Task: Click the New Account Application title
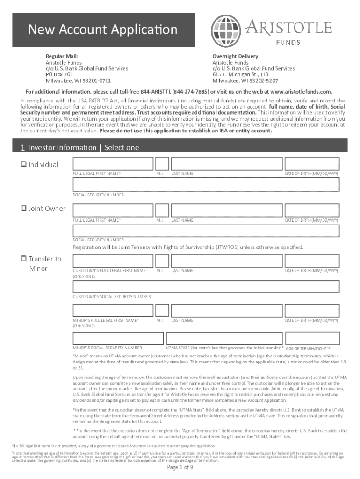[103, 30]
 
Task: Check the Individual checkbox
[24, 165]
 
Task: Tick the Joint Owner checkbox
[24, 209]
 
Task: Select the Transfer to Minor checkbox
[24, 259]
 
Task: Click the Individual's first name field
[113, 164]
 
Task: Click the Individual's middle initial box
[162, 164]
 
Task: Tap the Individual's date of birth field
[312, 164]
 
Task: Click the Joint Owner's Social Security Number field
[206, 231]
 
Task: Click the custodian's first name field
[113, 261]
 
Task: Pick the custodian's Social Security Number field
[206, 286]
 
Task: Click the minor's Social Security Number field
[118, 338]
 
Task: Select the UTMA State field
[224, 338]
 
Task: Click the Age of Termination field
[312, 338]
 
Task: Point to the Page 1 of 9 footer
[180, 467]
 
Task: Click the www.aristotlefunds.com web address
[301, 91]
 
